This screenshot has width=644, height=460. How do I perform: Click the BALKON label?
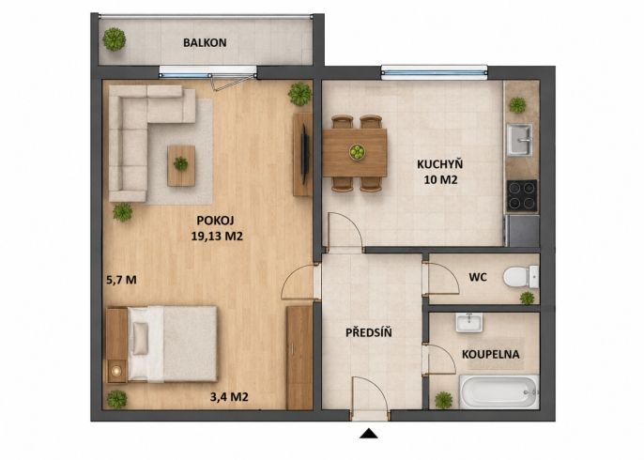205,43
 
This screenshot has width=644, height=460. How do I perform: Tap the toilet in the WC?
520,277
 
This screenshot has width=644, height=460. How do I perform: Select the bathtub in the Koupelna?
499,391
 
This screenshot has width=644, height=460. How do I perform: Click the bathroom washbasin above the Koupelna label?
468,322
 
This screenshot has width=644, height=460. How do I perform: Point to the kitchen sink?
519,140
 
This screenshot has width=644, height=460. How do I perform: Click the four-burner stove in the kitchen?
522,195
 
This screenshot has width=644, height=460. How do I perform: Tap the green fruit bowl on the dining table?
357,151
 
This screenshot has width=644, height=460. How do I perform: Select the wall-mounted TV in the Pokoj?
305,154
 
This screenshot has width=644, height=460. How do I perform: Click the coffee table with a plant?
181,165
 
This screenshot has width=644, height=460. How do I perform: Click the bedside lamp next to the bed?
117,371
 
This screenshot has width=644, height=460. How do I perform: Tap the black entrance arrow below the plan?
368,434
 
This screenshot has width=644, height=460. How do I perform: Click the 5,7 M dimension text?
122,280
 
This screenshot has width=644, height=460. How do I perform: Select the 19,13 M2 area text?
217,237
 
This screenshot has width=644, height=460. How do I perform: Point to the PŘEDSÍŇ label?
368,332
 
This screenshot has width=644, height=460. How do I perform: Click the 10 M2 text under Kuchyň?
440,180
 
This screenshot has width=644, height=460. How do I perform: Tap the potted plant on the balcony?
115,39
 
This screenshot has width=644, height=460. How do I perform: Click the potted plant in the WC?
527,298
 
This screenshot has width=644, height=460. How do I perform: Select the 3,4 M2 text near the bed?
229,397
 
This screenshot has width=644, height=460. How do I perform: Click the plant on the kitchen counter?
517,105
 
